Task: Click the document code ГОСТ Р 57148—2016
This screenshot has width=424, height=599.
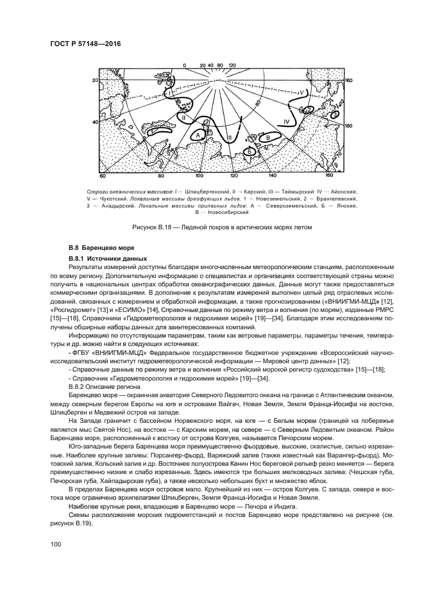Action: (86, 44)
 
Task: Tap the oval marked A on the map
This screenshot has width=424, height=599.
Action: (199, 136)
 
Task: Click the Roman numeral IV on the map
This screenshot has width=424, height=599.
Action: (287, 120)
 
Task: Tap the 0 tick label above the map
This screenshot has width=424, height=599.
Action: (183, 65)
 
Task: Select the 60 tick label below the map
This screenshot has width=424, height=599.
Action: (102, 175)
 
